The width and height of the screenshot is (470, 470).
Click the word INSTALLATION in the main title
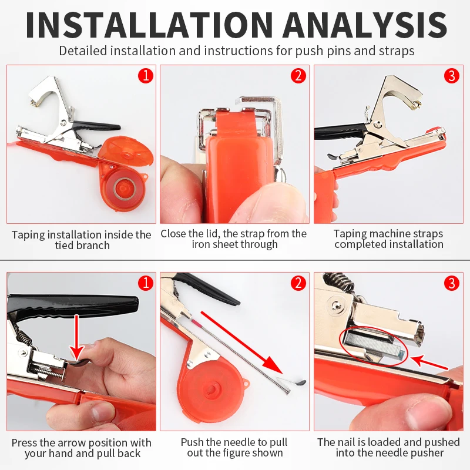(x=149, y=25)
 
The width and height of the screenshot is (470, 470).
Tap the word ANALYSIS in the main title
(x=365, y=25)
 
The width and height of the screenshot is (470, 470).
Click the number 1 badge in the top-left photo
(x=146, y=76)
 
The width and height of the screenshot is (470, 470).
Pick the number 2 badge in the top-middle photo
(x=298, y=76)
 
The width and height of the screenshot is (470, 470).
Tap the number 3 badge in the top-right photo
(x=452, y=76)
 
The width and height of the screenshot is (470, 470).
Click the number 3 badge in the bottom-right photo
(x=452, y=283)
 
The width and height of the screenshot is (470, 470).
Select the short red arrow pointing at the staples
(x=429, y=362)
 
